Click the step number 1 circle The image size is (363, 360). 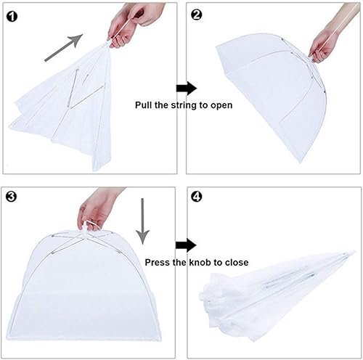pyautogui.click(x=12, y=17)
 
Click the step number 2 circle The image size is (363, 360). pyautogui.click(x=196, y=15)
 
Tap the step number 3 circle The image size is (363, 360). pyautogui.click(x=12, y=196)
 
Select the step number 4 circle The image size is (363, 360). pyautogui.click(x=196, y=197)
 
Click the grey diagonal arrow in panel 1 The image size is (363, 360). pyautogui.click(x=64, y=48)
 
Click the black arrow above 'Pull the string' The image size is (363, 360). pyautogui.click(x=187, y=89)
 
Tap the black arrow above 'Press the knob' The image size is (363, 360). pyautogui.click(x=186, y=245)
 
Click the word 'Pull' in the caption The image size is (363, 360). pyautogui.click(x=143, y=105)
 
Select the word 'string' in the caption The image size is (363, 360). pyautogui.click(x=184, y=105)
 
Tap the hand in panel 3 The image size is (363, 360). pyautogui.click(x=99, y=209)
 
